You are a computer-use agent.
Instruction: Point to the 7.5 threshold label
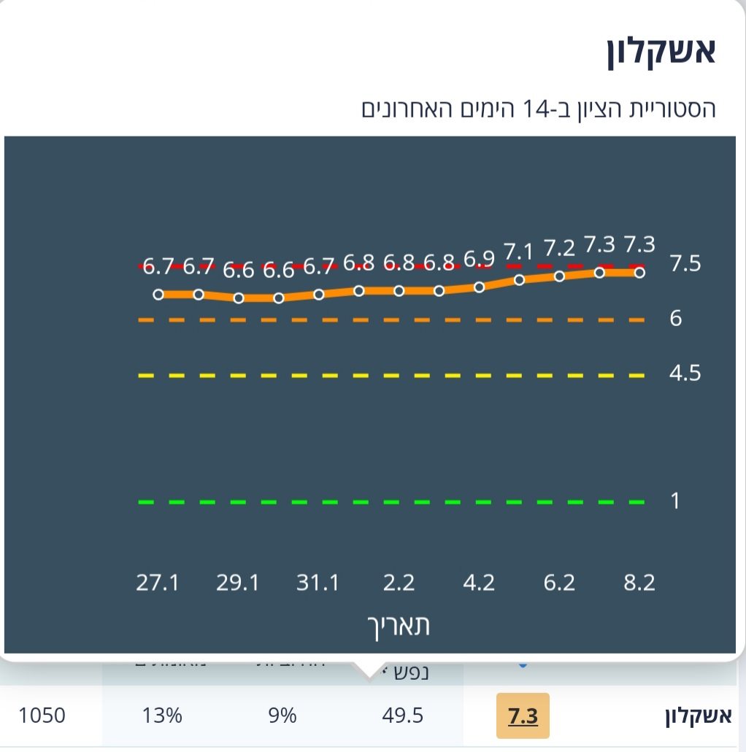[x=685, y=264]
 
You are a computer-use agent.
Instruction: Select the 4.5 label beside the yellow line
[x=685, y=373]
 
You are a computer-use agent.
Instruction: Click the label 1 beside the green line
[x=675, y=500]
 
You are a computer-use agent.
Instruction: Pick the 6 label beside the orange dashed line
[x=675, y=319]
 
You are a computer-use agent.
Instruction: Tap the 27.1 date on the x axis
[x=158, y=584]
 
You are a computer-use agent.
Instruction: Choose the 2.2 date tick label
[x=399, y=584]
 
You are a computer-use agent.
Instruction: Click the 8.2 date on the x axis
[x=639, y=584]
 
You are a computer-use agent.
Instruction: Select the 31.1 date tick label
[x=318, y=584]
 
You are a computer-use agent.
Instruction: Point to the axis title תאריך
[x=398, y=626]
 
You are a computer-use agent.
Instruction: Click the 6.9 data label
[x=479, y=260]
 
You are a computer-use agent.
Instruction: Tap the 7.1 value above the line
[x=519, y=253]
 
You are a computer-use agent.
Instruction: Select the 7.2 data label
[x=559, y=249]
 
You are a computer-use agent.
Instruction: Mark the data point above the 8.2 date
[x=639, y=272]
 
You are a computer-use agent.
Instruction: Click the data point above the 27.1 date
[x=158, y=294]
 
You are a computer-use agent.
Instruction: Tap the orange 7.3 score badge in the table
[x=523, y=716]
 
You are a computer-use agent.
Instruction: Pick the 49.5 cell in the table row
[x=402, y=716]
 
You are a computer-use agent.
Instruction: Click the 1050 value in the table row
[x=42, y=716]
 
